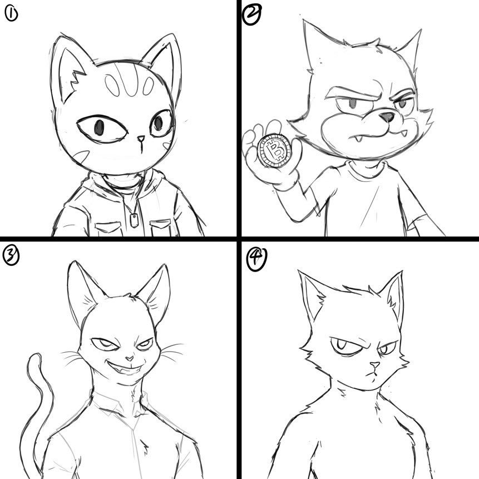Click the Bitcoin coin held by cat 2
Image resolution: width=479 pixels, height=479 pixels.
pyautogui.click(x=273, y=150)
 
